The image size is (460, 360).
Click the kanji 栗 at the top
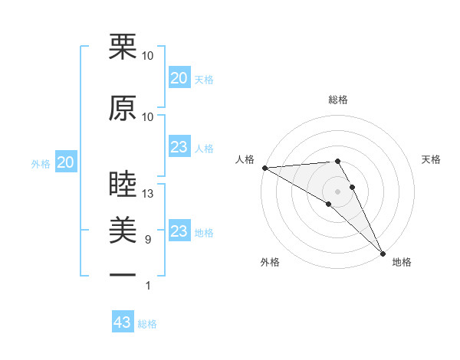[123, 47]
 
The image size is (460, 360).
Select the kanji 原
[123, 108]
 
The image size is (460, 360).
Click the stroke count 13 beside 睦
[148, 194]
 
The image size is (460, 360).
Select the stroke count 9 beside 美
[148, 240]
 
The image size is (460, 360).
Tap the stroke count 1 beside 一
[148, 286]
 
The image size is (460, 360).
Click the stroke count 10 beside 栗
[148, 56]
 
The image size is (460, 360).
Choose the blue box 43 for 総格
[123, 322]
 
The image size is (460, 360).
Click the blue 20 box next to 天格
[179, 78]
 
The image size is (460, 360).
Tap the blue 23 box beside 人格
[179, 147]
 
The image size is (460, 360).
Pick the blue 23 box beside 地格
[179, 231]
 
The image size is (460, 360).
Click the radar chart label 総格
[338, 100]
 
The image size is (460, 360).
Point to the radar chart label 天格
[432, 159]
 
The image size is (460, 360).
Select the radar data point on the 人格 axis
[264, 168]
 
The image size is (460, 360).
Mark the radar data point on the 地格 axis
[383, 252]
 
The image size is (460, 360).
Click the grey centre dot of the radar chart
[338, 191]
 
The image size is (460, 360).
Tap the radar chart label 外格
[270, 262]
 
